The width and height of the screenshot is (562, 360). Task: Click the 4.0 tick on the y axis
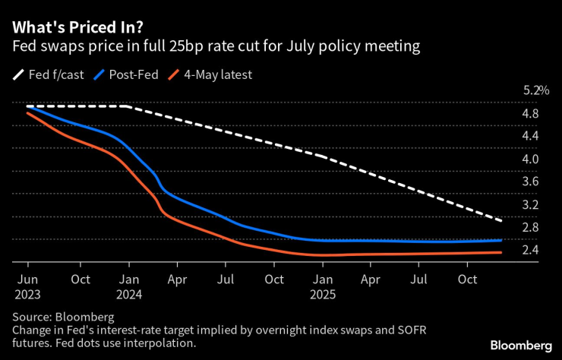click(530, 159)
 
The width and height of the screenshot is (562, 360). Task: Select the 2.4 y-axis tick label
click(530, 250)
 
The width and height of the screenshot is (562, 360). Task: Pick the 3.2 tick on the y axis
click(530, 204)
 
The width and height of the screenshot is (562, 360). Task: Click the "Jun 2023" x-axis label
click(27, 286)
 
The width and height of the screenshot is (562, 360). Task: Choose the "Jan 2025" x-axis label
click(322, 286)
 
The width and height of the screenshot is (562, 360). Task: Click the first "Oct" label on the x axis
click(81, 279)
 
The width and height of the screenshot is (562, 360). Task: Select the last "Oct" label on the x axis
click(469, 279)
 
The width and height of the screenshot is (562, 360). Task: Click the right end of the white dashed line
click(523, 221)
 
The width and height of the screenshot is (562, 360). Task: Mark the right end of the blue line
click(523, 240)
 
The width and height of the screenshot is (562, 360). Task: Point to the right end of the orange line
click(523, 253)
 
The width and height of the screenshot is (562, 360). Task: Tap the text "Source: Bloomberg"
click(64, 315)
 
